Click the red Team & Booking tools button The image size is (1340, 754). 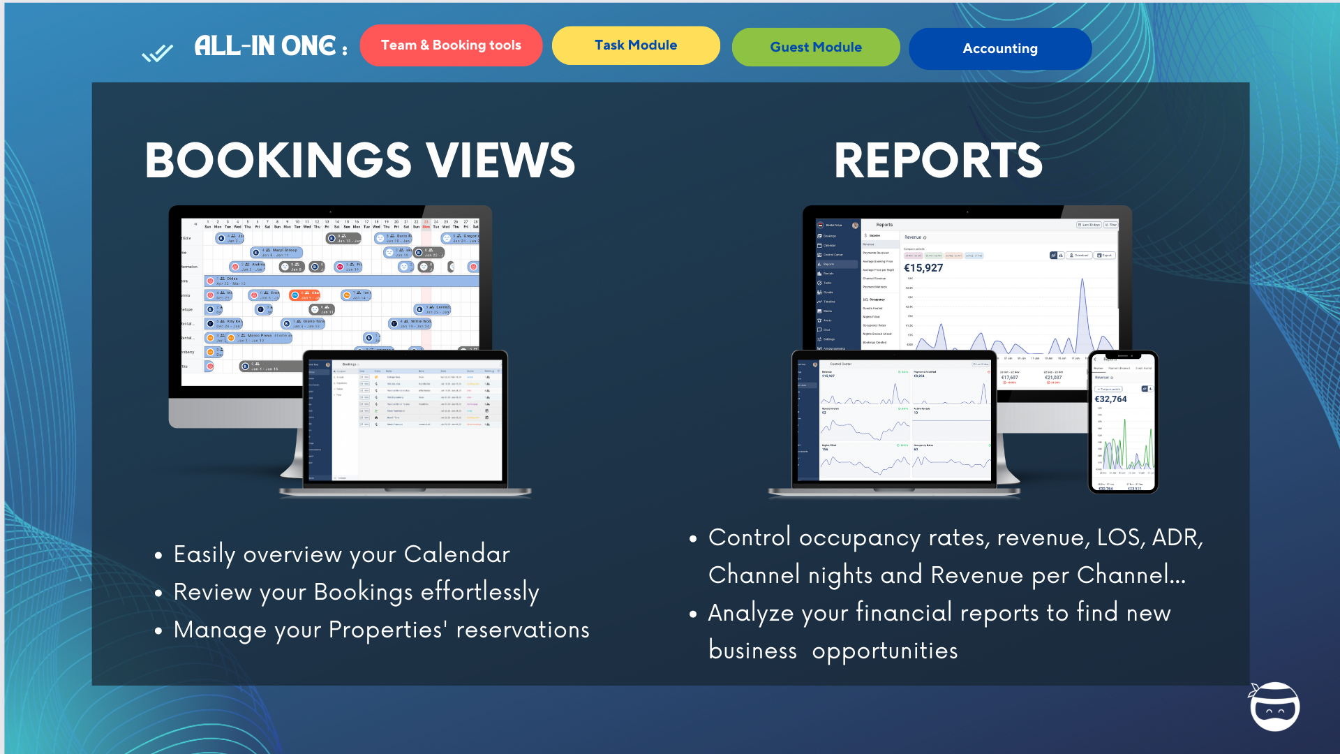click(x=451, y=45)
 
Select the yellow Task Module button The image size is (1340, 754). click(x=636, y=45)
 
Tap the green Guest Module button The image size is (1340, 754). click(x=816, y=47)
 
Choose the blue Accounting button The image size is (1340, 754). click(x=1000, y=49)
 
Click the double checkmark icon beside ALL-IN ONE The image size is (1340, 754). click(x=157, y=53)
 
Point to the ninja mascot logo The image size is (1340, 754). click(x=1274, y=707)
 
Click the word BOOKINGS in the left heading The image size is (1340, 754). click(x=278, y=161)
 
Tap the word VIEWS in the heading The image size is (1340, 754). click(x=500, y=161)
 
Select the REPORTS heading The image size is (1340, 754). click(x=938, y=161)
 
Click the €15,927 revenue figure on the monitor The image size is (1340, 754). click(x=923, y=268)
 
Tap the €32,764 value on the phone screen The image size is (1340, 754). click(x=1110, y=399)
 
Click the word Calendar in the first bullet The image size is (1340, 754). click(x=457, y=554)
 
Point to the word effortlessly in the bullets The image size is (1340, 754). click(x=480, y=592)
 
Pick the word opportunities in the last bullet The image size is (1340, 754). click(x=885, y=651)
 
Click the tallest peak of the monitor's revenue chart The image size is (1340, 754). click(x=1082, y=281)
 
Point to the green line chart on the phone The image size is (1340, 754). click(x=1124, y=447)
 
